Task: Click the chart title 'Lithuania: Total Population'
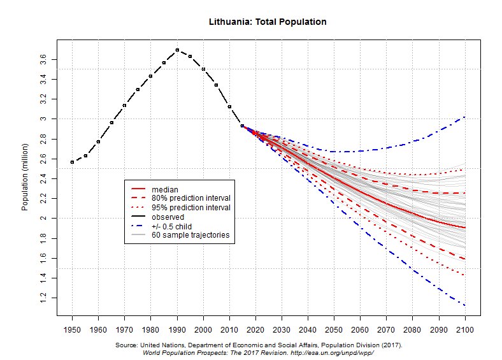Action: [268, 22]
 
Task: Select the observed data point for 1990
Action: [177, 50]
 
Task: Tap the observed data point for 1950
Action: [73, 162]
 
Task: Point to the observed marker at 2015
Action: [242, 126]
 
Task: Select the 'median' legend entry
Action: [164, 190]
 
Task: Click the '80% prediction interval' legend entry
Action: [190, 199]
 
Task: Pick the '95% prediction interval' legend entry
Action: [190, 208]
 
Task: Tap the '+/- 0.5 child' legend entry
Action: [172, 226]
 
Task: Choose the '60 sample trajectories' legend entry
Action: [190, 235]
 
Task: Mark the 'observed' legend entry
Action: [168, 217]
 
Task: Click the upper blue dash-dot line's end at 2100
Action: [465, 117]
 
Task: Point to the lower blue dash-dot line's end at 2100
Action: [465, 306]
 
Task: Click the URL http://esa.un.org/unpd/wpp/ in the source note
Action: [331, 352]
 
